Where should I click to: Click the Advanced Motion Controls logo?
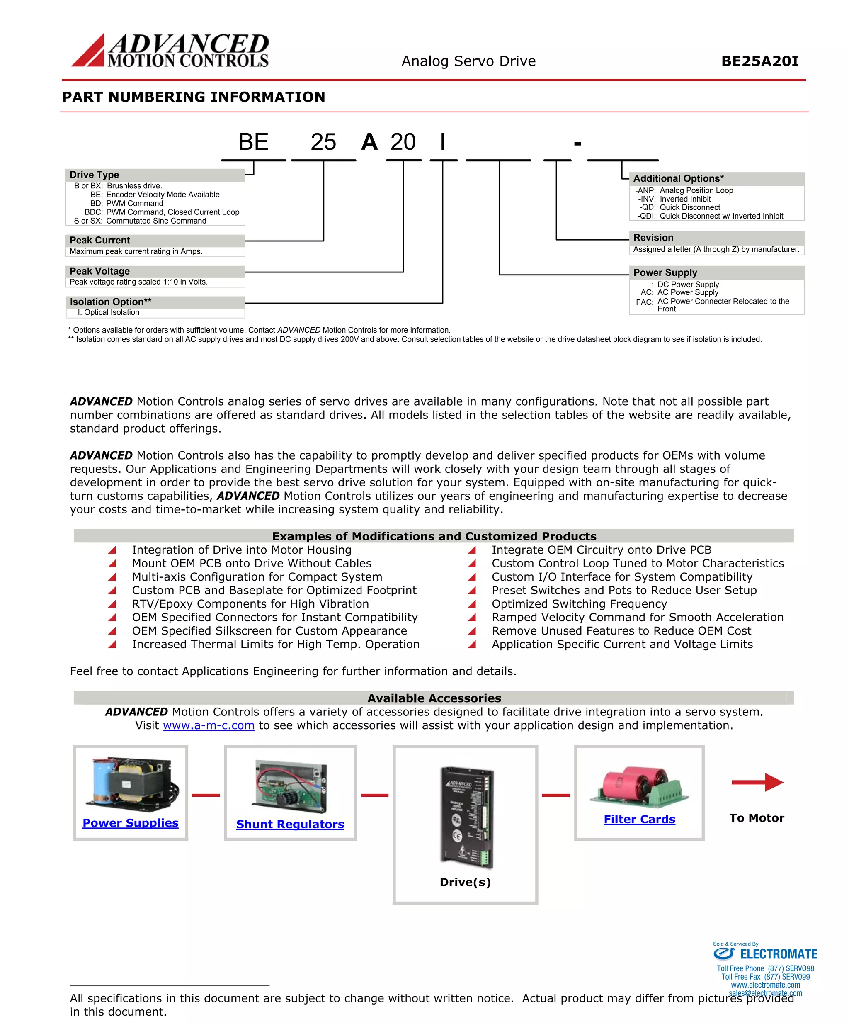170,51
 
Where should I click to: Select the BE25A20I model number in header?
759,61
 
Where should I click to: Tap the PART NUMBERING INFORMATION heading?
194,97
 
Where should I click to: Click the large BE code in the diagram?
253,142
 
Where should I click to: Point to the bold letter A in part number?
369,142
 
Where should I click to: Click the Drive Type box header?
94,175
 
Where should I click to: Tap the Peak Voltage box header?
100,271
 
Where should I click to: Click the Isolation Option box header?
111,302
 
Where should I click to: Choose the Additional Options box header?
678,178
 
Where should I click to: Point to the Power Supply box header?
665,272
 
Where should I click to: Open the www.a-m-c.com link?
209,725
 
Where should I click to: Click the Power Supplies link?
131,823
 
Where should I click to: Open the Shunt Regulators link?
290,825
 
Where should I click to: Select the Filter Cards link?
639,820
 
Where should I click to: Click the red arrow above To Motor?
757,782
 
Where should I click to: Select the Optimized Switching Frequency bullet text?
579,604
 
